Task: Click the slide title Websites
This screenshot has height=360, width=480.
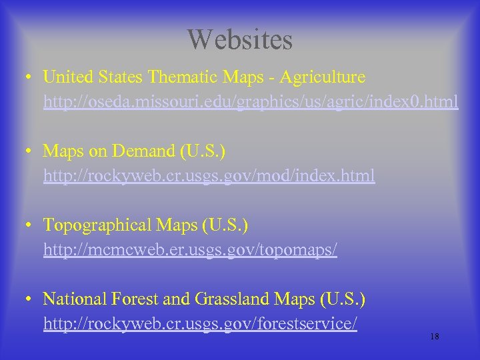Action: pyautogui.click(x=240, y=39)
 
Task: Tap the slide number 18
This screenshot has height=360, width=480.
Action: pyautogui.click(x=435, y=337)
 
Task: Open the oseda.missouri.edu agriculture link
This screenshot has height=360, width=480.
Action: pyautogui.click(x=251, y=102)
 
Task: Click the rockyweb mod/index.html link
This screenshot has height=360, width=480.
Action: pyautogui.click(x=209, y=176)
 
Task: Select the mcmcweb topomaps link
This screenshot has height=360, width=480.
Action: pyautogui.click(x=191, y=250)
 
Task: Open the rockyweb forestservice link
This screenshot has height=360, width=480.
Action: pyautogui.click(x=201, y=324)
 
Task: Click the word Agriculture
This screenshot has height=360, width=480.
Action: pyautogui.click(x=323, y=77)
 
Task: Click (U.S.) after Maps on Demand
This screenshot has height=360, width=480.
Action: pyautogui.click(x=203, y=151)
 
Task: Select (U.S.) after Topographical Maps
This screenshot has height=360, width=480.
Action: pyautogui.click(x=226, y=225)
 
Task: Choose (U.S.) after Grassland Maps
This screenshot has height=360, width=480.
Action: pyautogui.click(x=343, y=299)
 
